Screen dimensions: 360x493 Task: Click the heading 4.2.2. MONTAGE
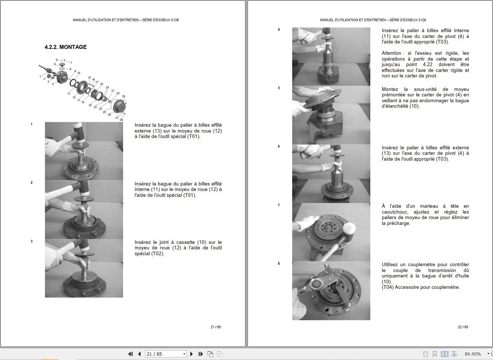pyautogui.click(x=66, y=47)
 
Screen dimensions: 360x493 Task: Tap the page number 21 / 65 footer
pyautogui.click(x=215, y=327)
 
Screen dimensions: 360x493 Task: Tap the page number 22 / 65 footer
pyautogui.click(x=463, y=327)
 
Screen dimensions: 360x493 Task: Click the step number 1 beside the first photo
pyautogui.click(x=32, y=124)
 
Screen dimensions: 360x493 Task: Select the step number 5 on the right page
pyautogui.click(x=279, y=88)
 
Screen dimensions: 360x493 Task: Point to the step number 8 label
pyautogui.click(x=279, y=264)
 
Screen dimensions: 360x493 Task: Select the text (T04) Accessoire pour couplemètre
pyautogui.click(x=421, y=287)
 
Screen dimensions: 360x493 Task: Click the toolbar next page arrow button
pyautogui.click(x=191, y=354)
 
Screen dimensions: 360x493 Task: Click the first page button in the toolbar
pyautogui.click(x=130, y=354)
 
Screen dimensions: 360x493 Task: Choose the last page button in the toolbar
pyautogui.click(x=200, y=354)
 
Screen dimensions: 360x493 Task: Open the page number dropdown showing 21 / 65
pyautogui.click(x=184, y=354)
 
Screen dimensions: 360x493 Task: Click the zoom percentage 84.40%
pyautogui.click(x=473, y=354)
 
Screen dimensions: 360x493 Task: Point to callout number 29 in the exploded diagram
pyautogui.click(x=123, y=96)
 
